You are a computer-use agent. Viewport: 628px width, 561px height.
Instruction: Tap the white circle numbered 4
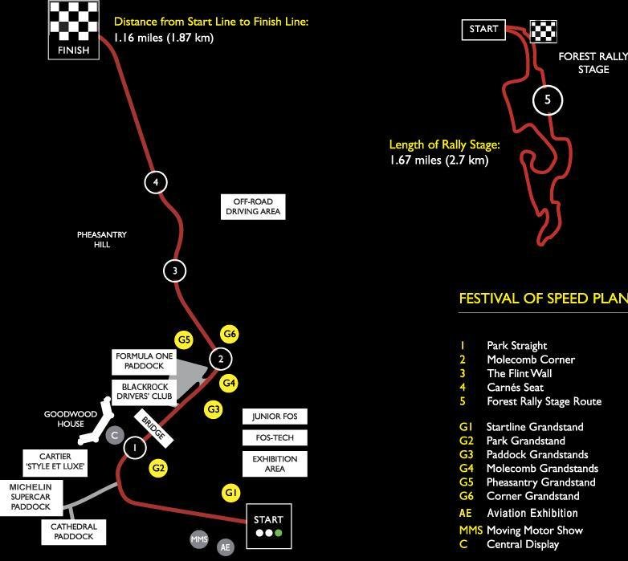click(x=156, y=182)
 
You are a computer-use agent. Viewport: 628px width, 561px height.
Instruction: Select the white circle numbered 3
click(x=175, y=270)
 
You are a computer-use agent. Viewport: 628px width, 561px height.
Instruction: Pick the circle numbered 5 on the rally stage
click(x=548, y=100)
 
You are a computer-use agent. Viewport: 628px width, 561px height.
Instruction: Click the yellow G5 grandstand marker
click(x=185, y=340)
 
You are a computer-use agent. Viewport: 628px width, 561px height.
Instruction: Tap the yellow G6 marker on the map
click(x=230, y=334)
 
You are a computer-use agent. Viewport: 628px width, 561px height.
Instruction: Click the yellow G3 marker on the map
click(x=214, y=409)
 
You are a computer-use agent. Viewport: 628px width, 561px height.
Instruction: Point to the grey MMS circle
click(x=199, y=539)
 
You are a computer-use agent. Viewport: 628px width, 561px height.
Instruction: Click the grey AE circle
click(x=226, y=547)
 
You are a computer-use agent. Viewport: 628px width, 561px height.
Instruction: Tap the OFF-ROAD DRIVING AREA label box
click(x=252, y=206)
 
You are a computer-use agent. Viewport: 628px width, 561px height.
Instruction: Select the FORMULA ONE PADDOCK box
click(x=145, y=361)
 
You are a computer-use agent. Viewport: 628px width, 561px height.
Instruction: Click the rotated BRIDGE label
click(x=153, y=429)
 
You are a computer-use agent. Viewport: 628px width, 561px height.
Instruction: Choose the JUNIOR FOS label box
click(x=275, y=417)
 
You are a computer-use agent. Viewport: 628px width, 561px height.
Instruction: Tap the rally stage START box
click(x=483, y=30)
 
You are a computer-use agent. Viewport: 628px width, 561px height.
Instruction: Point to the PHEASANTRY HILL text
click(x=102, y=239)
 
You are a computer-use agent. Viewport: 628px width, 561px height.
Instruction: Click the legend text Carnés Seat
click(x=515, y=388)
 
